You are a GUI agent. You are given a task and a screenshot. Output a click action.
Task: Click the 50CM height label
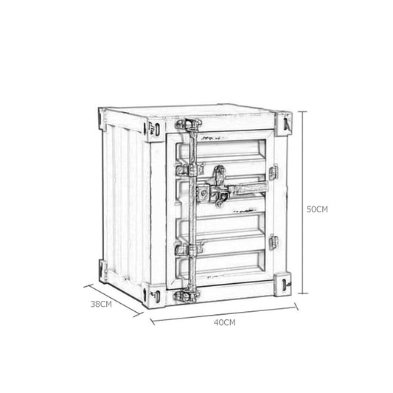click(316, 209)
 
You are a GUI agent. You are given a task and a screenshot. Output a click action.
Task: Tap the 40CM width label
click(224, 322)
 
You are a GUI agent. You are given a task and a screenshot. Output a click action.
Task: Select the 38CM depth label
click(101, 303)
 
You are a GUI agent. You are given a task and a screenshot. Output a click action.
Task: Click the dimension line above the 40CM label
click(224, 310)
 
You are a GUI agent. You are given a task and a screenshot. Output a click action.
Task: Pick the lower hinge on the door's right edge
click(274, 241)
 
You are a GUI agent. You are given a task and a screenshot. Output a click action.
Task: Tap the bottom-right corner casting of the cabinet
click(283, 282)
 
